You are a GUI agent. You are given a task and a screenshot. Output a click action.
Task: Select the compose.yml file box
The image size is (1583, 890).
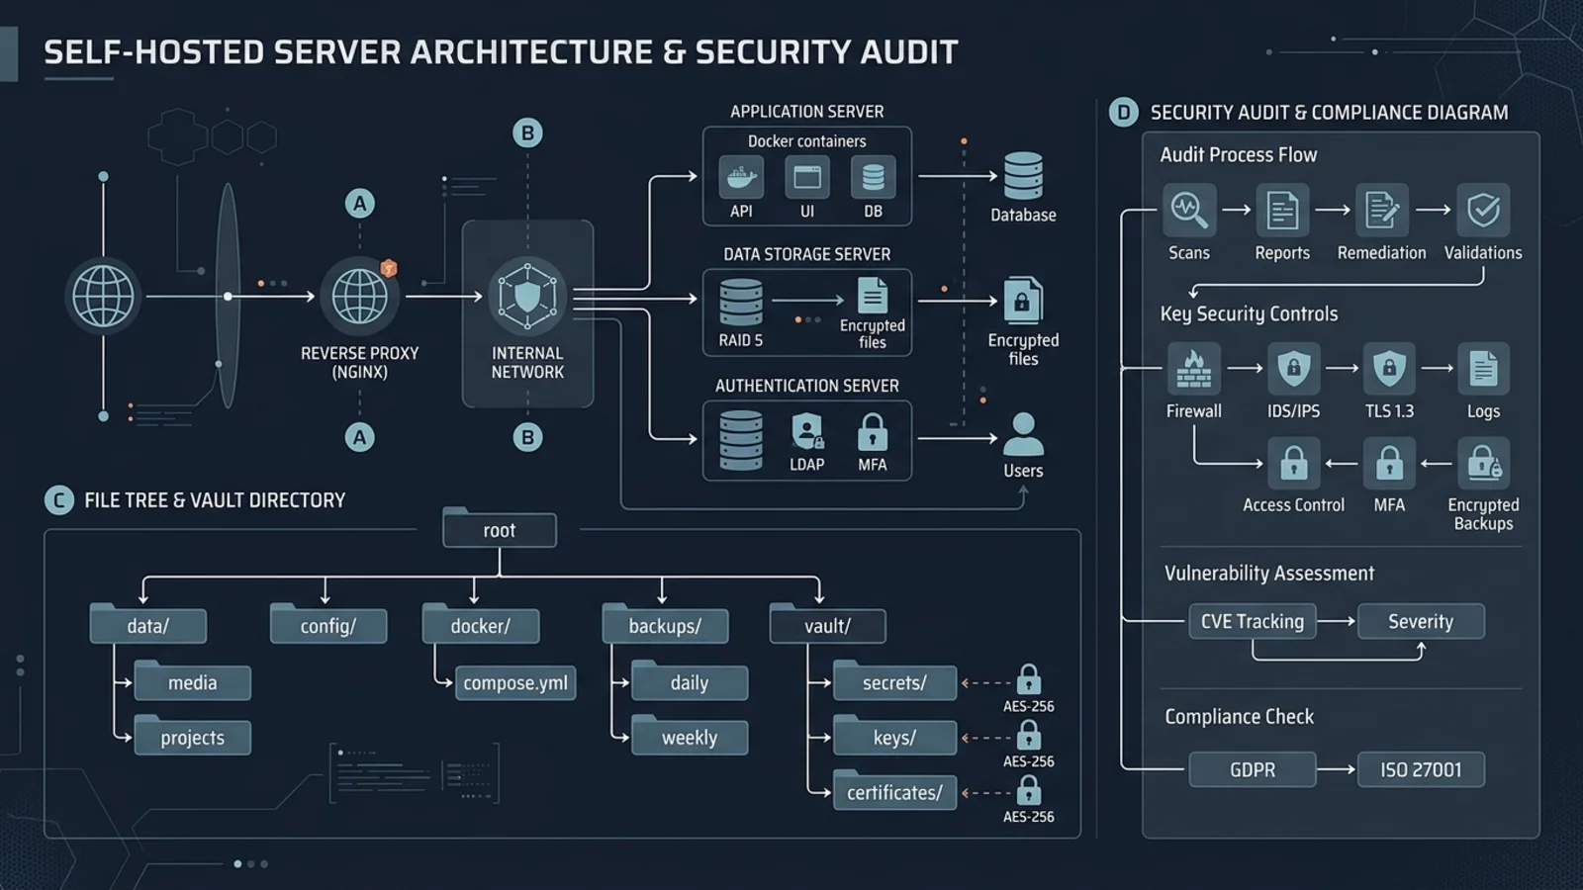pyautogui.click(x=515, y=683)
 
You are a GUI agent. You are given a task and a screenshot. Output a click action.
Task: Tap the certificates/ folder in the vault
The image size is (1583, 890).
pyautogui.click(x=894, y=791)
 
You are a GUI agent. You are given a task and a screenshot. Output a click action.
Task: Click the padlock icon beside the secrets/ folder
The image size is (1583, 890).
pyautogui.click(x=1028, y=679)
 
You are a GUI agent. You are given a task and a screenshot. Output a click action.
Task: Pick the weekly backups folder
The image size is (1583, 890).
pyautogui.click(x=690, y=736)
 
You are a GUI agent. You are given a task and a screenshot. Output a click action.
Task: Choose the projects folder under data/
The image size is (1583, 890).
pyautogui.click(x=192, y=736)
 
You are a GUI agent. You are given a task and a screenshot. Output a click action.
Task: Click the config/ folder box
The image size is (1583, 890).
pyautogui.click(x=327, y=624)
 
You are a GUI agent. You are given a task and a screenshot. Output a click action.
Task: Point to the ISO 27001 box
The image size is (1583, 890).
pyautogui.click(x=1421, y=769)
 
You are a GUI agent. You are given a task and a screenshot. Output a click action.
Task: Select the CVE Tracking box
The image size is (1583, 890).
pyautogui.click(x=1253, y=622)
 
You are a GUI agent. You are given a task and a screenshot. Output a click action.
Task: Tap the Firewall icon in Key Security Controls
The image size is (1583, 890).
pyautogui.click(x=1193, y=369)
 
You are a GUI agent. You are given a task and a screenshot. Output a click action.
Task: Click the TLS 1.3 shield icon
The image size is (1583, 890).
pyautogui.click(x=1389, y=369)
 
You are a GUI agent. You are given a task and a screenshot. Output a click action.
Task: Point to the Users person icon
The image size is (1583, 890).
pyautogui.click(x=1023, y=434)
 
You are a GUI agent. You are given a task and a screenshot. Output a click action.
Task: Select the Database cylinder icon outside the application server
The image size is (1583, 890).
pyautogui.click(x=1023, y=176)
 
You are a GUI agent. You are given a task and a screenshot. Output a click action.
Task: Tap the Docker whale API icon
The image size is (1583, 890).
pyautogui.click(x=741, y=177)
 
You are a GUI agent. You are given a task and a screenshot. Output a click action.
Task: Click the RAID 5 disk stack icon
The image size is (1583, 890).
pyautogui.click(x=741, y=303)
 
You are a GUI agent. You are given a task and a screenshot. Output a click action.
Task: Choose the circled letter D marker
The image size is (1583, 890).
pyautogui.click(x=1124, y=113)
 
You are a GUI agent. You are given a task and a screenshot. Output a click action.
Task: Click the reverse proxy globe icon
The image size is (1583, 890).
pyautogui.click(x=360, y=297)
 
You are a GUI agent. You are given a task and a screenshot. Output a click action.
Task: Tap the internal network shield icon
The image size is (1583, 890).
pyautogui.click(x=527, y=297)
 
